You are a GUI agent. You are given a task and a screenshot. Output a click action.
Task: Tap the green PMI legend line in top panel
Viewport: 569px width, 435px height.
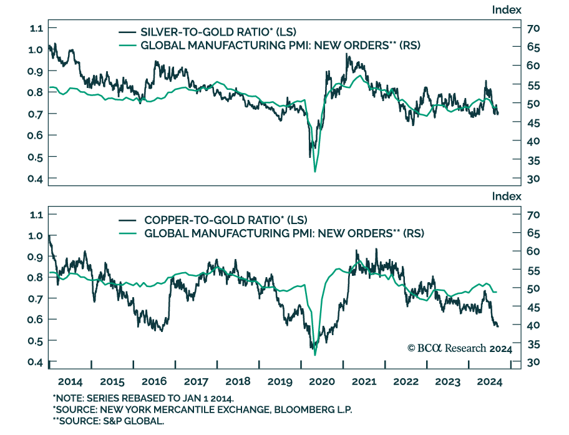pos(129,46)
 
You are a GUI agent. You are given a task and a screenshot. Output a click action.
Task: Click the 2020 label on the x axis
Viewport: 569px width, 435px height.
pos(321,382)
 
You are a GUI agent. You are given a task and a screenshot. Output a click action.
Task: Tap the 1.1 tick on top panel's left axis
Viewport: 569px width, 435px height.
pos(36,28)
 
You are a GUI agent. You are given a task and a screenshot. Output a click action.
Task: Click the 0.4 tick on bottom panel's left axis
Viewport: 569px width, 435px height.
pos(36,362)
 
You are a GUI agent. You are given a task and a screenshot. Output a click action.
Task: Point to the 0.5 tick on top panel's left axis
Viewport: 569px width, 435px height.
pos(36,157)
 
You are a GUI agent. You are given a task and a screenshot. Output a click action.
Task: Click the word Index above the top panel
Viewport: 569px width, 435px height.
pos(507,9)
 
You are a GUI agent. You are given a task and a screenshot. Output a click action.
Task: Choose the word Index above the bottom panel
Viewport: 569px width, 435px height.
pos(507,196)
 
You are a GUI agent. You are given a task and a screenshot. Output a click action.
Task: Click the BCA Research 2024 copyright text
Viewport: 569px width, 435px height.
pos(459,349)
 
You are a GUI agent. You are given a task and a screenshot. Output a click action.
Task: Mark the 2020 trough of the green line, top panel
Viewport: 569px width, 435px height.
pos(315,171)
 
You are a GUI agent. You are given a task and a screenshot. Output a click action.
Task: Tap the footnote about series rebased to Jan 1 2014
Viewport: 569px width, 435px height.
pos(143,398)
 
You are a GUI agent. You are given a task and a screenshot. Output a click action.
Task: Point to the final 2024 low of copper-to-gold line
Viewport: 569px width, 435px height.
pos(497,326)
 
